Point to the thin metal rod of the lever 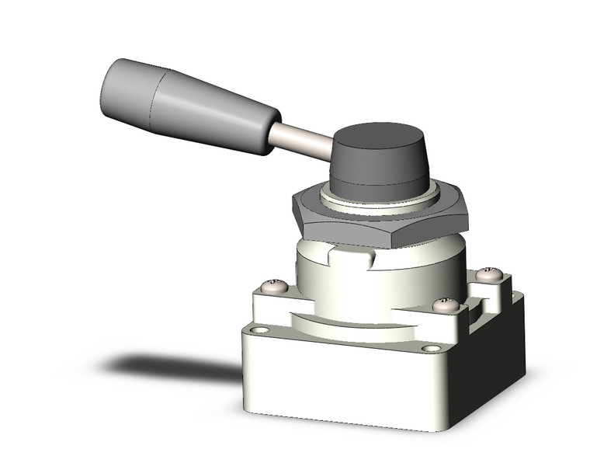[x=303, y=143]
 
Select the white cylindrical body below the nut [x=365, y=280]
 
